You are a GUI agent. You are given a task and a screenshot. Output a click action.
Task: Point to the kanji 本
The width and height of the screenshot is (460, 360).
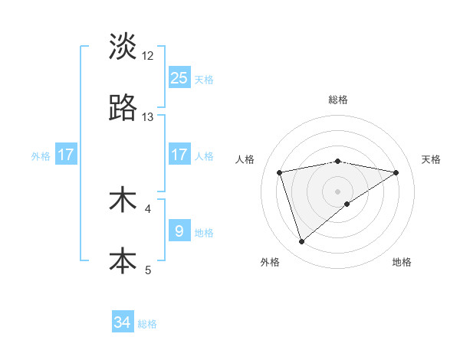click(x=123, y=260)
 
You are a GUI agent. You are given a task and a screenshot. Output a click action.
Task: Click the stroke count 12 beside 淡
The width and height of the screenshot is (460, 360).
click(x=148, y=55)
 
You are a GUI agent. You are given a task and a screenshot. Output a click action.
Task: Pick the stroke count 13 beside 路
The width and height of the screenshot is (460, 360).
click(x=148, y=117)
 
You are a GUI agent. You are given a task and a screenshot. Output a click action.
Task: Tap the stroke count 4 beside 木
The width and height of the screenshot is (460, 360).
click(x=148, y=208)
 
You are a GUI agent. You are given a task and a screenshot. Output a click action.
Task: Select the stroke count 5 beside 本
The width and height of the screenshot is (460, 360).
click(x=148, y=270)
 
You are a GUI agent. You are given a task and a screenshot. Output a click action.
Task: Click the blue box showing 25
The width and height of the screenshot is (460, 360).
click(x=179, y=77)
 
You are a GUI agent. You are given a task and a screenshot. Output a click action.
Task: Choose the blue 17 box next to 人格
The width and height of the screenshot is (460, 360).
click(x=179, y=155)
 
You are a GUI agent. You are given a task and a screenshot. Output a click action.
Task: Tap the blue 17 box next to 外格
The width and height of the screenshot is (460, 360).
click(x=66, y=155)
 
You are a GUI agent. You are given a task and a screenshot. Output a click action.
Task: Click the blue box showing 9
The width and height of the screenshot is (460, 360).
click(x=179, y=231)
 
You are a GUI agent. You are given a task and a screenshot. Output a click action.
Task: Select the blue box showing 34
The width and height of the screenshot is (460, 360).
click(x=123, y=322)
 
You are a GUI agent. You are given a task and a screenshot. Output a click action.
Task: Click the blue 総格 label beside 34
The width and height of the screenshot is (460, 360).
click(x=147, y=324)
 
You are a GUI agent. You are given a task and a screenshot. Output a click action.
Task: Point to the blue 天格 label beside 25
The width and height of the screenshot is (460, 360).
click(x=204, y=79)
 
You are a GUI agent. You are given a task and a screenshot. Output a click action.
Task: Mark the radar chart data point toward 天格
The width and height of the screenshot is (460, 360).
click(x=396, y=172)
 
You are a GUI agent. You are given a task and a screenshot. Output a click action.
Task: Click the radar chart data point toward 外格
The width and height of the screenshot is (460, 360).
click(x=301, y=242)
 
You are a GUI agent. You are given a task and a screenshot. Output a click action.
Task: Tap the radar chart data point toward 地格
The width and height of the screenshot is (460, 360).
click(x=347, y=204)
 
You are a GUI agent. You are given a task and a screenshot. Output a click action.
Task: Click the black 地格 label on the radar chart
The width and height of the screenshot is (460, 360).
click(x=402, y=263)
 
